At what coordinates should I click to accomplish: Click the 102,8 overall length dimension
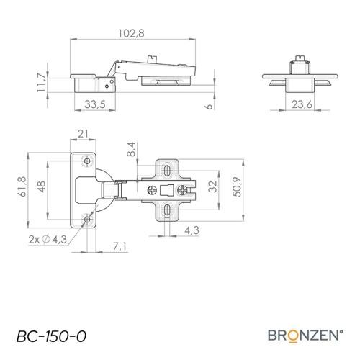click(131, 33)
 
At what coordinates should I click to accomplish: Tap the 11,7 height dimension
click(41, 82)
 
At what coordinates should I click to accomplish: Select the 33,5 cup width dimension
click(95, 104)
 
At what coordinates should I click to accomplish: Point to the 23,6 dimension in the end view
click(302, 104)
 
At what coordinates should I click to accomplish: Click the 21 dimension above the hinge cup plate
click(83, 134)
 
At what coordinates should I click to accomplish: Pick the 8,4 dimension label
click(131, 149)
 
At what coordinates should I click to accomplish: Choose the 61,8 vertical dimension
click(22, 186)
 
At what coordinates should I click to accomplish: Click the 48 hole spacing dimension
click(42, 186)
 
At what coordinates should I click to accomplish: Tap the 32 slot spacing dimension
click(212, 186)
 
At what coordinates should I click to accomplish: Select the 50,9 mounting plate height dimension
click(238, 186)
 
